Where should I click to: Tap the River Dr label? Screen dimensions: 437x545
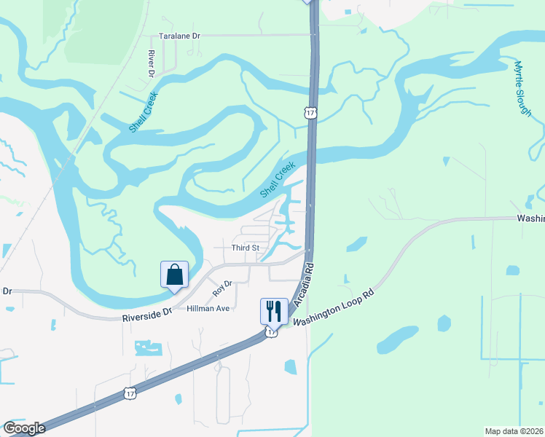152,64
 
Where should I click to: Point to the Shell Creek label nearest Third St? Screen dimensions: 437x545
278,179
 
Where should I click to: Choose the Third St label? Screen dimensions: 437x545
246,248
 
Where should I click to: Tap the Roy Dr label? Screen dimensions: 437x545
221,288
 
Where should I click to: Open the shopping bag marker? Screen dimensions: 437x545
174,275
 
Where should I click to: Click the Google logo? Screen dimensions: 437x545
23,428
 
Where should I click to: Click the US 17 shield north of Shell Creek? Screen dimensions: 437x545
310,113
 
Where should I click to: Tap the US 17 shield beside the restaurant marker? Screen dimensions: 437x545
271,332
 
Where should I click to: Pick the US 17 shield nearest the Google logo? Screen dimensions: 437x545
128,393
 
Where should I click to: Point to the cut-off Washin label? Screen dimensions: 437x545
530,218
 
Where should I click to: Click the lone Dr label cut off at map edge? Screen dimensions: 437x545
7,291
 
